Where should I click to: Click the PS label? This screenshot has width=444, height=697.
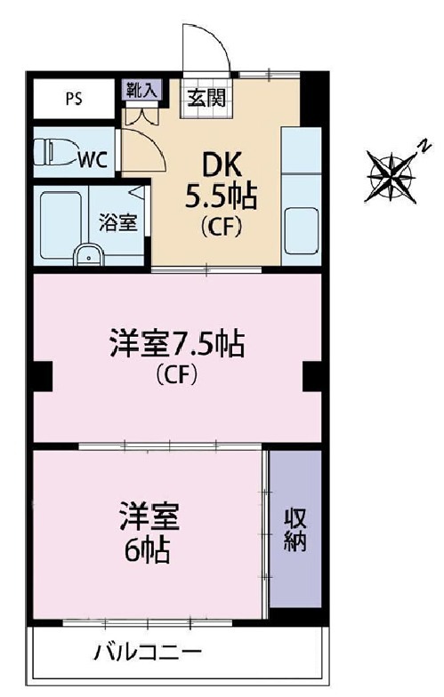(x=74, y=98)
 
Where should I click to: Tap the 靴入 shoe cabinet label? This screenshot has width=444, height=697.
(x=138, y=90)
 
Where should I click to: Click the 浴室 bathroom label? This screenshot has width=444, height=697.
(x=117, y=222)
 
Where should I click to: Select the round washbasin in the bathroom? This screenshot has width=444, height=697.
(x=87, y=255)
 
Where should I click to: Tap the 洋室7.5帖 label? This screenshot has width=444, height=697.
(x=177, y=343)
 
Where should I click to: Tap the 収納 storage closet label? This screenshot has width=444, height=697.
(x=295, y=530)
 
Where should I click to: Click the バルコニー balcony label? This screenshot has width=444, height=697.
(x=148, y=655)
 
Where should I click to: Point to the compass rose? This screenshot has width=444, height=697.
(x=392, y=172)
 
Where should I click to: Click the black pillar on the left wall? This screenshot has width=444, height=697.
(x=41, y=377)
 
